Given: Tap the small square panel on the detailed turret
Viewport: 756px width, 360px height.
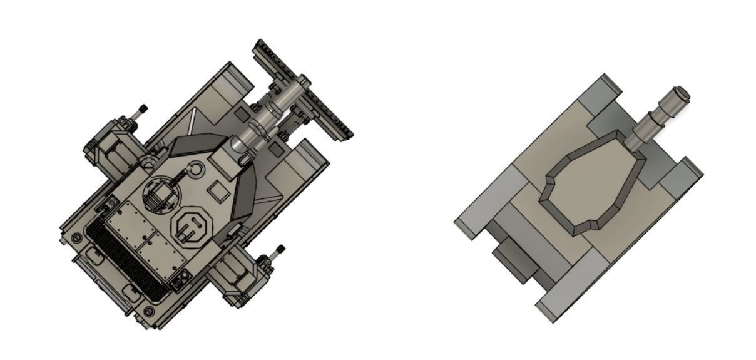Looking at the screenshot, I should click(x=218, y=190).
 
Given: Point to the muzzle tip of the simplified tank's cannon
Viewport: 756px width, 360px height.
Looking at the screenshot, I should click(x=680, y=95).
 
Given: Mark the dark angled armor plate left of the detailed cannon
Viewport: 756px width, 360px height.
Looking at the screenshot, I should click(x=194, y=145).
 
